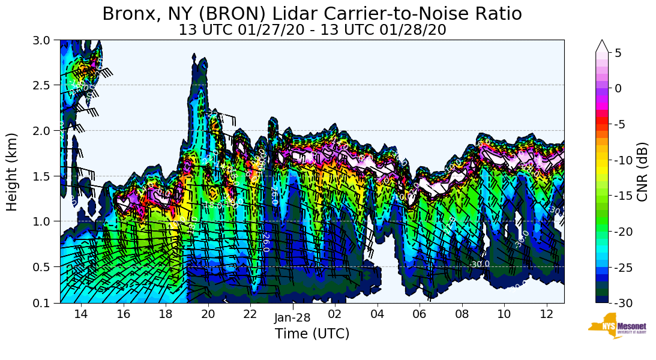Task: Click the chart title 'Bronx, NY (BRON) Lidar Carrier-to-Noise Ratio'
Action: coord(312,14)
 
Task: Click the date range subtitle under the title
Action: coord(312,30)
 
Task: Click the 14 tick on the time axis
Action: coord(81,314)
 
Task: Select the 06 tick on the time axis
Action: coord(420,314)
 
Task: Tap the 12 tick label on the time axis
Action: coord(547,314)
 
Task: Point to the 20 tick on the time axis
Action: coord(208,314)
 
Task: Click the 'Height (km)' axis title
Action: coord(13,172)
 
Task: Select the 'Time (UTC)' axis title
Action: coord(312,334)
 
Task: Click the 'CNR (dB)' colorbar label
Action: coord(642,172)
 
